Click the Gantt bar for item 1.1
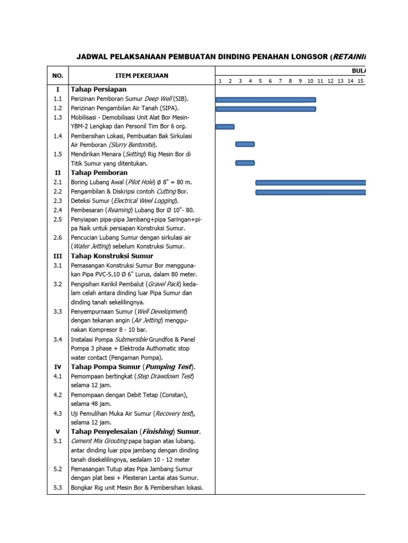(x=266, y=99)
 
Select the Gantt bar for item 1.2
(x=266, y=109)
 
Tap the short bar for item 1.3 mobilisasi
(x=225, y=126)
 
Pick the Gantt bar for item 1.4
(x=245, y=144)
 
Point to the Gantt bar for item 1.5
(x=245, y=163)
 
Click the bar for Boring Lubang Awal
(x=311, y=182)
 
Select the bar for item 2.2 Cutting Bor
(x=311, y=192)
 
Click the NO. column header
(x=57, y=75)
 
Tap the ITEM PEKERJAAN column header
(x=142, y=75)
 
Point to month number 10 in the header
(x=310, y=81)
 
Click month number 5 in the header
(x=260, y=81)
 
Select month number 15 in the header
(x=360, y=81)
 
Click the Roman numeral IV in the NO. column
(x=58, y=367)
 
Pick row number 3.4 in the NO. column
(x=58, y=339)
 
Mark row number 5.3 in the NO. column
(x=58, y=488)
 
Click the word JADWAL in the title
(x=92, y=56)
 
